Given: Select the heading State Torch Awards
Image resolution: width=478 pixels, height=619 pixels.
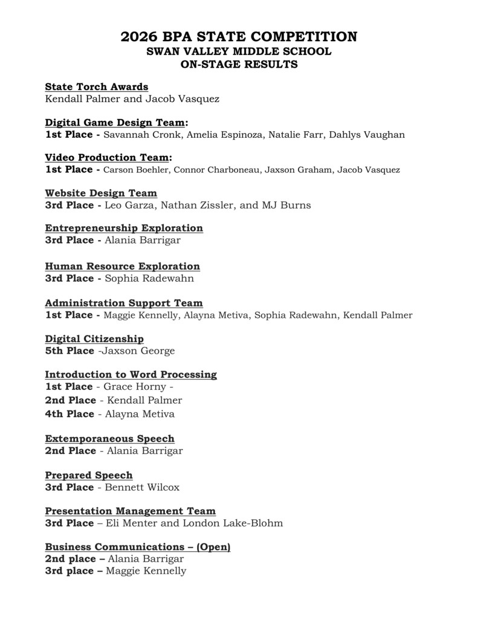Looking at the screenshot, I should [96, 87].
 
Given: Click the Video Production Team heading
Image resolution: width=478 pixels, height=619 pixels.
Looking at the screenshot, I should [107, 158].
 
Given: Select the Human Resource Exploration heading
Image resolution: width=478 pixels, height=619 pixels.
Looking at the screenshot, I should [122, 266].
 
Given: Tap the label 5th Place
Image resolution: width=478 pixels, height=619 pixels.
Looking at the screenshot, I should [69, 351].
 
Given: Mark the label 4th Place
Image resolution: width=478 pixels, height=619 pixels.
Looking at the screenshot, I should [69, 414].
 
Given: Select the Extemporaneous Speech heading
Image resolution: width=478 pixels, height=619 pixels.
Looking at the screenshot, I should [109, 438].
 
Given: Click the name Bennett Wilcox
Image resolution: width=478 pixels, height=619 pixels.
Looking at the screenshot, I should [143, 487].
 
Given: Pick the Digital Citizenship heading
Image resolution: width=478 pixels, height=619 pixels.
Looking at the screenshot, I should [94, 339].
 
